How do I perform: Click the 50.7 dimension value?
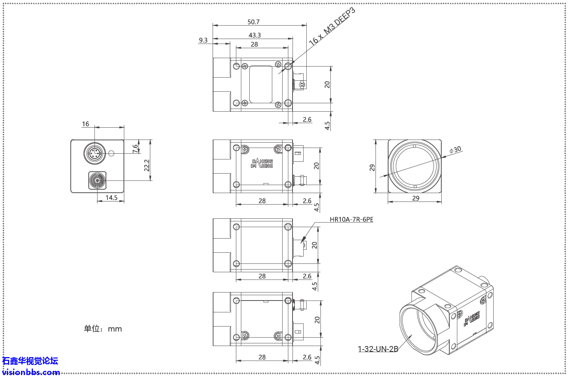(x=253, y=22)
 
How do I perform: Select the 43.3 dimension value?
(x=255, y=35)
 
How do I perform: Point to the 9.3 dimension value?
(x=203, y=40)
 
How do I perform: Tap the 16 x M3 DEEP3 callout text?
(x=332, y=26)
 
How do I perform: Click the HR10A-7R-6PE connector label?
(x=351, y=219)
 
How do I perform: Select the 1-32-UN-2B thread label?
(x=378, y=349)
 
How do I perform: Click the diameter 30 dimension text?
(x=455, y=149)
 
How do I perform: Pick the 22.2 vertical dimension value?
(x=147, y=165)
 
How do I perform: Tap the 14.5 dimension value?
(x=111, y=198)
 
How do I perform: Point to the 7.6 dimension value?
(x=135, y=148)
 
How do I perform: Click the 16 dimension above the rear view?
(x=85, y=124)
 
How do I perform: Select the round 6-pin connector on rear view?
(x=94, y=154)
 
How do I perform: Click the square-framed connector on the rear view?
(x=98, y=180)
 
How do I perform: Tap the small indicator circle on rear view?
(x=111, y=154)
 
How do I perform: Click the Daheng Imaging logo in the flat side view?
(x=262, y=164)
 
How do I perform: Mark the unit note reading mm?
(x=103, y=329)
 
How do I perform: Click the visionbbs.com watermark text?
(x=31, y=372)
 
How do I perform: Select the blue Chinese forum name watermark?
(x=30, y=361)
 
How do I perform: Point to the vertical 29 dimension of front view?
(x=372, y=167)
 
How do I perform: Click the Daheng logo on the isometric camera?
(x=471, y=319)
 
